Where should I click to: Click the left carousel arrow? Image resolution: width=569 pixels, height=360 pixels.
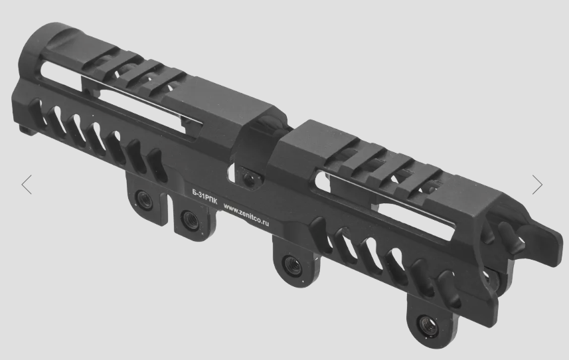[27, 185]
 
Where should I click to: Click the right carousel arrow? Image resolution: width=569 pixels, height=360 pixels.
[537, 185]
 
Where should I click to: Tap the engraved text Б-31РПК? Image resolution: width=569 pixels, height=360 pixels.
[204, 197]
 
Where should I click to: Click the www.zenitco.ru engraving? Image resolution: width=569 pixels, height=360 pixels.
[246, 214]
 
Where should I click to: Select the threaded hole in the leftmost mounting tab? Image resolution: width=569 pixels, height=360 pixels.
[145, 199]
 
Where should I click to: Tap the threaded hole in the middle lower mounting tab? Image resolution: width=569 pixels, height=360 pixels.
[293, 265]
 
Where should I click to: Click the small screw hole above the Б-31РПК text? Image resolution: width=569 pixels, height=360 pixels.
[249, 178]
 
